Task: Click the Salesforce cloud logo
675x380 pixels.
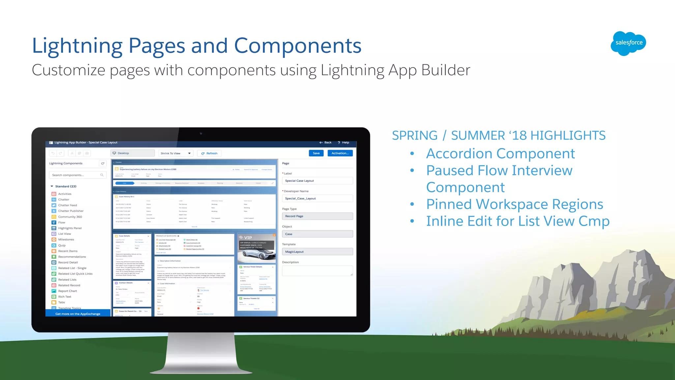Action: click(x=628, y=43)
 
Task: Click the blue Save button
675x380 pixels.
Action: click(x=316, y=153)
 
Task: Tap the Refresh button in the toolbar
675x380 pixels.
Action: click(x=209, y=153)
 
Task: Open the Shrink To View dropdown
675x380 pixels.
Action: click(x=176, y=153)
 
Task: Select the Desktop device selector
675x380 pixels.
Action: click(x=132, y=153)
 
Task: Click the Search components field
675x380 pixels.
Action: click(x=77, y=175)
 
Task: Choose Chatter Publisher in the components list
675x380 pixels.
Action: click(x=71, y=211)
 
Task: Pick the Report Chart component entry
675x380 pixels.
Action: click(x=68, y=291)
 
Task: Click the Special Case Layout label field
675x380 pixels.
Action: click(x=317, y=181)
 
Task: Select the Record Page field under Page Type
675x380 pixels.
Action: click(x=317, y=216)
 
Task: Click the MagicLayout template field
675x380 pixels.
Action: click(x=317, y=252)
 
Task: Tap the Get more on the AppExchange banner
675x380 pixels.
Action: click(x=78, y=314)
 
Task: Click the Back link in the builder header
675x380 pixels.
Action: click(x=325, y=142)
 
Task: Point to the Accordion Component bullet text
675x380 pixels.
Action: click(x=500, y=154)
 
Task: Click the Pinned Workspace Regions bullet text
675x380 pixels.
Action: click(x=514, y=205)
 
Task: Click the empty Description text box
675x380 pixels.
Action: click(x=317, y=271)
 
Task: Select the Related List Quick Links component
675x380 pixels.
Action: click(x=75, y=274)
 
